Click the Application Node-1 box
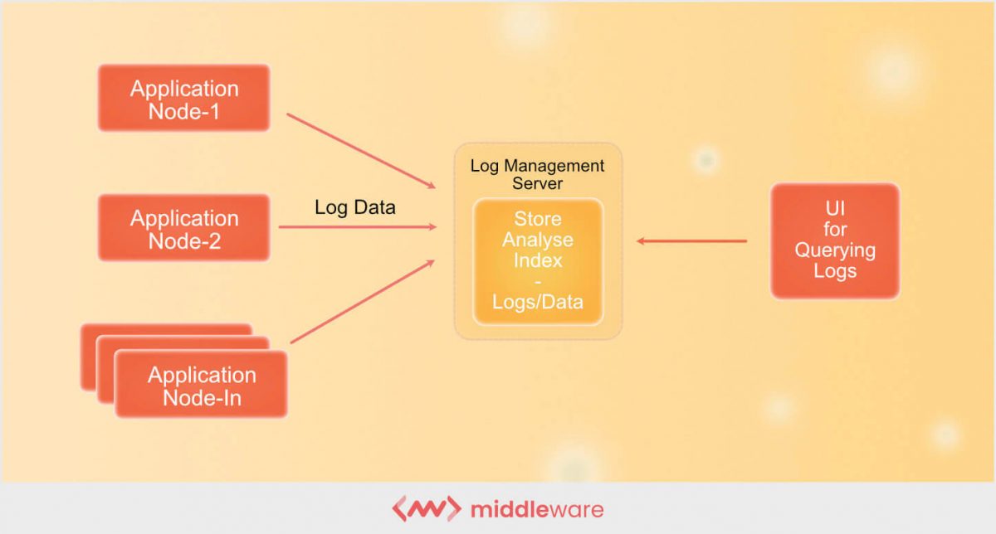coord(183,98)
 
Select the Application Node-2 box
coord(183,228)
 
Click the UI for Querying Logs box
coord(834,240)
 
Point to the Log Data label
coord(354,207)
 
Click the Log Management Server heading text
coord(537,174)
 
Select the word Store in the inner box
coord(537,220)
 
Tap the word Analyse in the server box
coord(537,240)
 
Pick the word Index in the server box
coord(537,260)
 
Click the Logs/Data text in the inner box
coord(537,302)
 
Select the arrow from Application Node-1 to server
coord(361,150)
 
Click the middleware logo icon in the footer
coord(425,508)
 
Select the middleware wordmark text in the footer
coord(536,508)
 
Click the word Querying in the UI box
coord(834,250)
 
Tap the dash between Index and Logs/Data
coord(537,281)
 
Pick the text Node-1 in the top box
coord(183,110)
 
